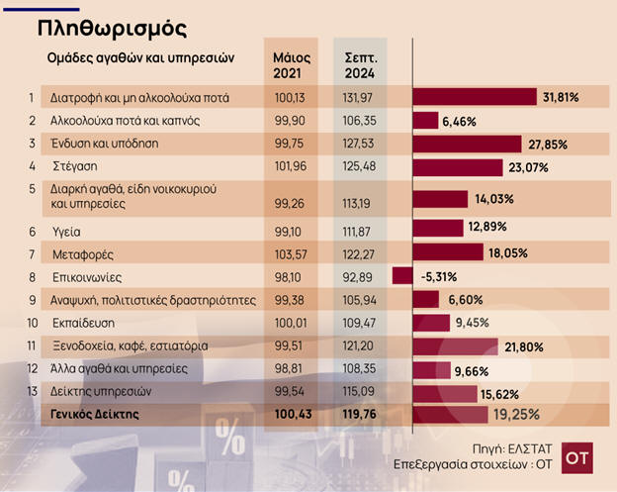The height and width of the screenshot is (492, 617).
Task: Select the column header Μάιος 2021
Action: [x=291, y=64]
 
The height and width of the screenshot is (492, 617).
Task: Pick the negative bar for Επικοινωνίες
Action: [x=401, y=276]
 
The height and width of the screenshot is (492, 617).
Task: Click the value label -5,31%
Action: [x=436, y=276]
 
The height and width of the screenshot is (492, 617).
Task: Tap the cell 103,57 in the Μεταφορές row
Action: [x=291, y=254]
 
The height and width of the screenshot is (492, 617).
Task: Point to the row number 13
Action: [x=33, y=392]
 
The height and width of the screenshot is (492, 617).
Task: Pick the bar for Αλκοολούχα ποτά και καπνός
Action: [x=424, y=121]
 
